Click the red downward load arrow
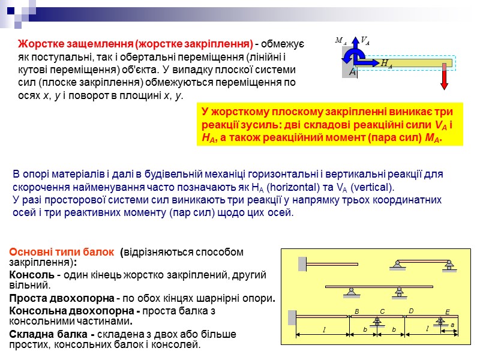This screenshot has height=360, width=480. [x=444, y=76]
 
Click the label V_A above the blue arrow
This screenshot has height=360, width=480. [x=365, y=41]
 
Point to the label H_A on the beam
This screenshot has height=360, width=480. [x=386, y=63]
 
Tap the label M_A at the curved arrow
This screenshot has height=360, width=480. [x=340, y=41]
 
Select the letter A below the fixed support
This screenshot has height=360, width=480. [x=352, y=72]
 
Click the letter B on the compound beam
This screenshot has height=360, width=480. [x=356, y=311]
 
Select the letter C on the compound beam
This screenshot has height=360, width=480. [x=382, y=311]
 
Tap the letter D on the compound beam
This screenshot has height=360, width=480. [x=411, y=311]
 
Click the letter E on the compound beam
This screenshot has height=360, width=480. [x=447, y=312]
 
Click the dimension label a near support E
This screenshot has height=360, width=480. [x=452, y=325]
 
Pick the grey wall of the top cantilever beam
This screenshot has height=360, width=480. [x=302, y=263]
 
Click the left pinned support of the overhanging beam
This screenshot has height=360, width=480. [x=350, y=291]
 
